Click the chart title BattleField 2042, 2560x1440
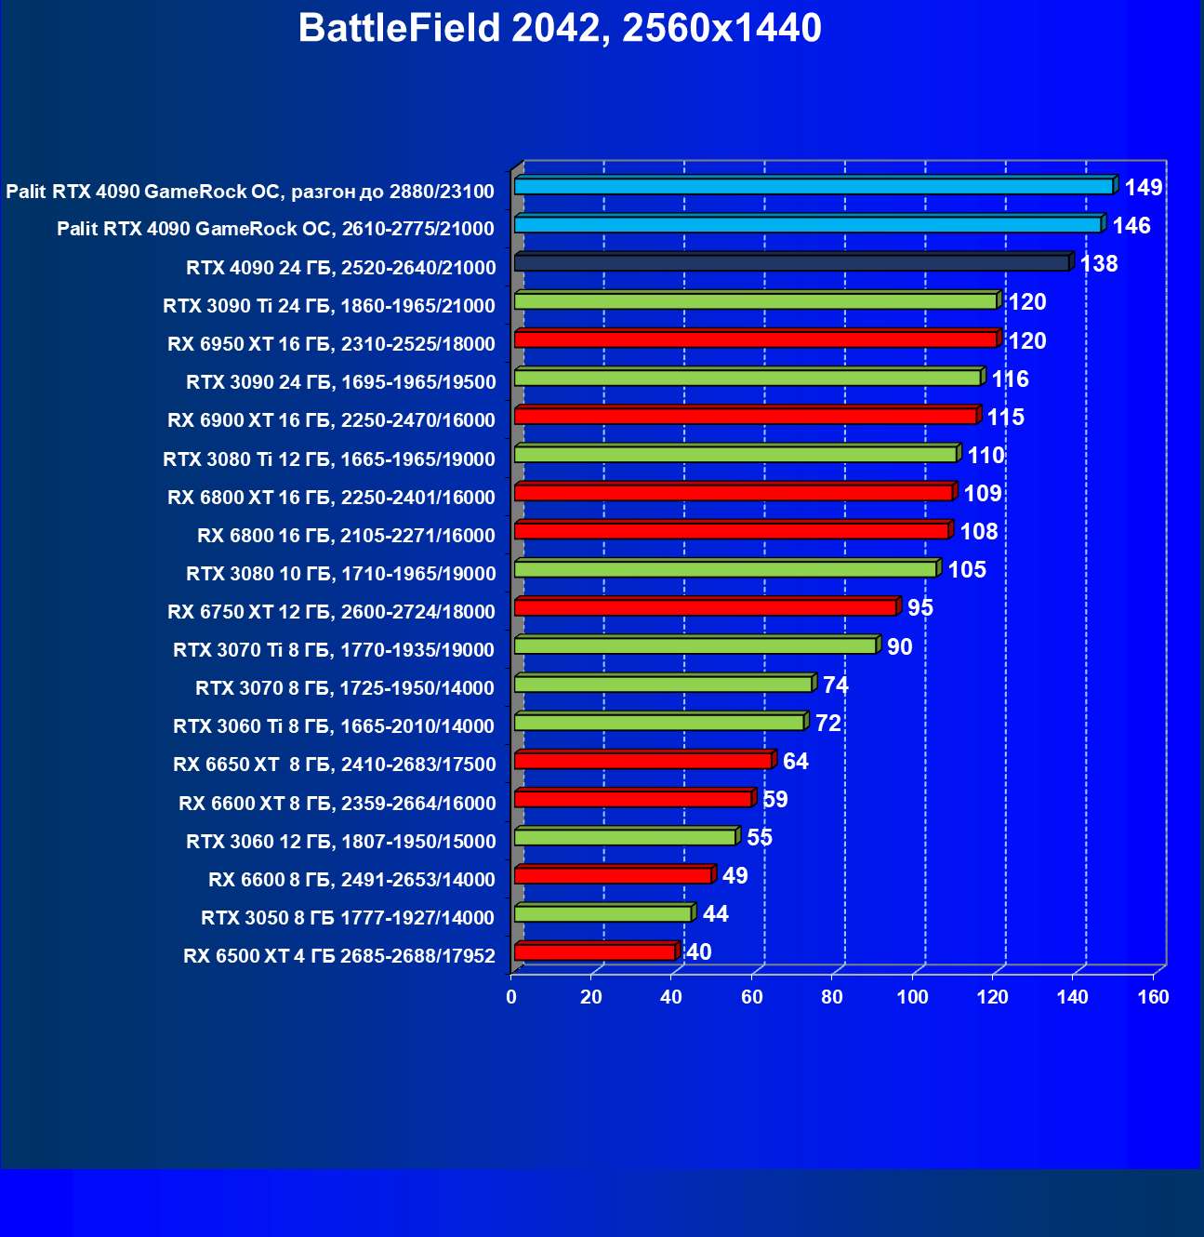560,29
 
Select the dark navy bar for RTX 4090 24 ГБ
791,263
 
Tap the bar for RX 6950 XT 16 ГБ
755,339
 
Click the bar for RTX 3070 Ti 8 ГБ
695,645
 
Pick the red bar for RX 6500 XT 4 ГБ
594,952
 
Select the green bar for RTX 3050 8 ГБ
602,914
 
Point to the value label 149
1143,188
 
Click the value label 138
1098,264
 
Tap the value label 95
920,608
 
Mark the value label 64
795,762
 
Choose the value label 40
698,952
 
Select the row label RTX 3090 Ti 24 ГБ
328,306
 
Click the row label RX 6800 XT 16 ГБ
331,498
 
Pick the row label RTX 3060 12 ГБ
340,842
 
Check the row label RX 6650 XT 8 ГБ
334,765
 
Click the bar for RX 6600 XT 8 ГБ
632,799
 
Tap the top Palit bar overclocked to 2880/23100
814,187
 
